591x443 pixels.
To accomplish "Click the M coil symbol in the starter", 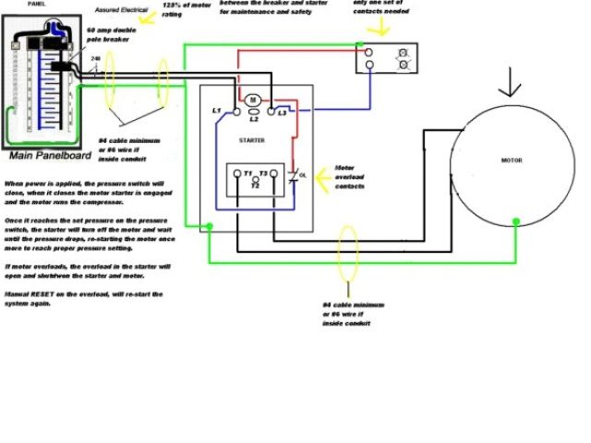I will click(x=251, y=100).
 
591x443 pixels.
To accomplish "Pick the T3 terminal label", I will click(x=263, y=174).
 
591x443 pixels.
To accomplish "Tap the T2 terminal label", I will click(x=256, y=185).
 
